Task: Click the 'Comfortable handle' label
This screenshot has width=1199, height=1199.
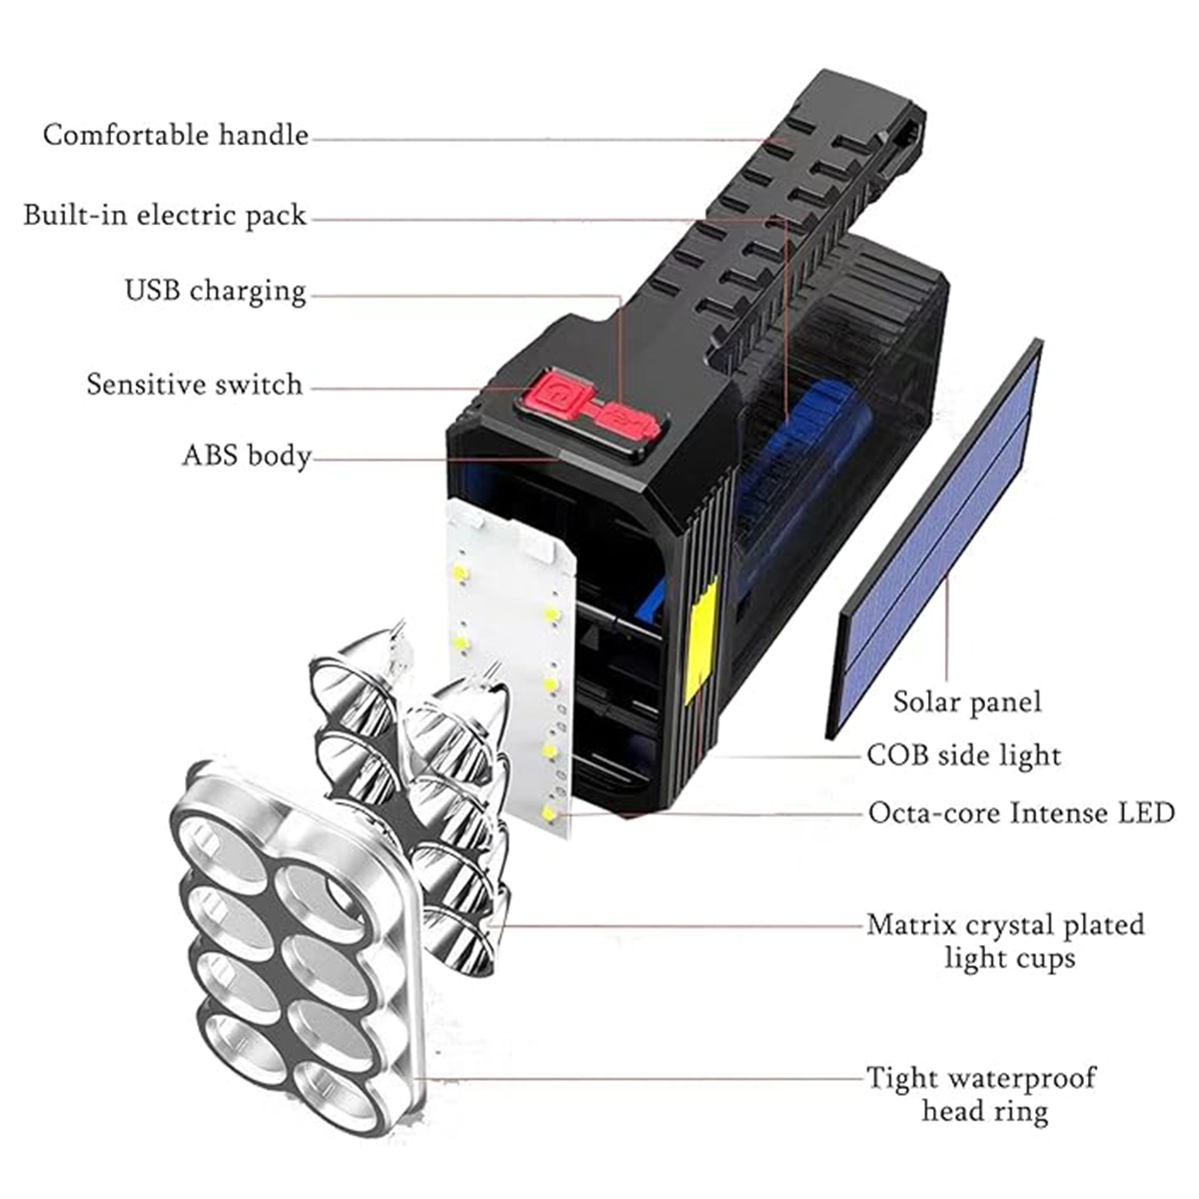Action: pyautogui.click(x=176, y=135)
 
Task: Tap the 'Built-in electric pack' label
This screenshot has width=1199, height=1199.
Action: pyautogui.click(x=165, y=216)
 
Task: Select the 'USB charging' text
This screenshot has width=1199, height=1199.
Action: pyautogui.click(x=215, y=291)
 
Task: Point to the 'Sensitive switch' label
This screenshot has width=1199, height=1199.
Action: pyautogui.click(x=194, y=385)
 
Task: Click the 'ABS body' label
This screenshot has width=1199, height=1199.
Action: pyautogui.click(x=247, y=457)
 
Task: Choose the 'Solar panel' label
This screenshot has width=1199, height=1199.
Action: pyautogui.click(x=966, y=701)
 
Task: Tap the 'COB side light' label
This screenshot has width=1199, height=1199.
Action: pyautogui.click(x=963, y=754)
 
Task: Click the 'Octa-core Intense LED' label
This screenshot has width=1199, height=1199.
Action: pyautogui.click(x=1020, y=812)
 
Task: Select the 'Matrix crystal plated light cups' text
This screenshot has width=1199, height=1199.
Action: pyautogui.click(x=1005, y=941)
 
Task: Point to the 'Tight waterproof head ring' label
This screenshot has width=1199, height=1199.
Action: pyautogui.click(x=981, y=1094)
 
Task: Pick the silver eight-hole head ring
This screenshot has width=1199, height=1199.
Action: pyautogui.click(x=295, y=949)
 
